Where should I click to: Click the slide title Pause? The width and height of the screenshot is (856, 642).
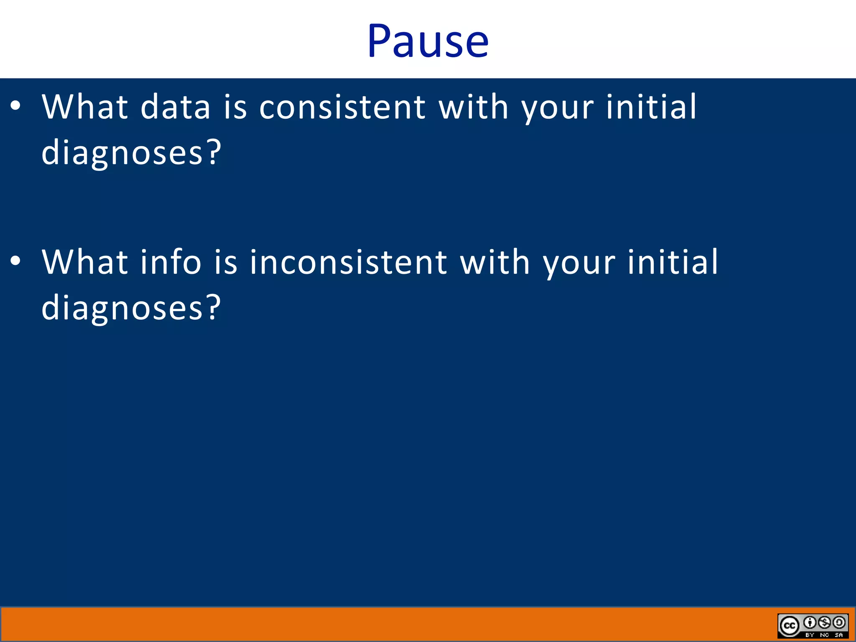pyautogui.click(x=428, y=41)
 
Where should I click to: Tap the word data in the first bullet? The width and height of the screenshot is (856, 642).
pyautogui.click(x=175, y=107)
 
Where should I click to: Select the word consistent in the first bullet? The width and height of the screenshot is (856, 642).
pyautogui.click(x=342, y=107)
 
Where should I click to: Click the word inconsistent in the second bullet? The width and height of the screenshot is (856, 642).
pyautogui.click(x=348, y=262)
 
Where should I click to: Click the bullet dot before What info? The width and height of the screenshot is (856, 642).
pyautogui.click(x=15, y=261)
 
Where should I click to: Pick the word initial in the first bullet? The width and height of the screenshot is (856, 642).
pyautogui.click(x=651, y=107)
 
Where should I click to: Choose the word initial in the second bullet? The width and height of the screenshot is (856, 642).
pyautogui.click(x=673, y=262)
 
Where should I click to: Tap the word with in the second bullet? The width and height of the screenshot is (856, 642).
pyautogui.click(x=495, y=262)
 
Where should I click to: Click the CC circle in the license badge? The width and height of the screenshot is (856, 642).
pyautogui.click(x=789, y=626)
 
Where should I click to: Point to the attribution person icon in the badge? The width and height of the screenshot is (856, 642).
pyautogui.click(x=810, y=623)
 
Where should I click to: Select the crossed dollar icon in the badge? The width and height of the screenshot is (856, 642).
pyautogui.click(x=824, y=623)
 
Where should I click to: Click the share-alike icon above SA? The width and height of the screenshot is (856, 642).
pyautogui.click(x=839, y=623)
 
